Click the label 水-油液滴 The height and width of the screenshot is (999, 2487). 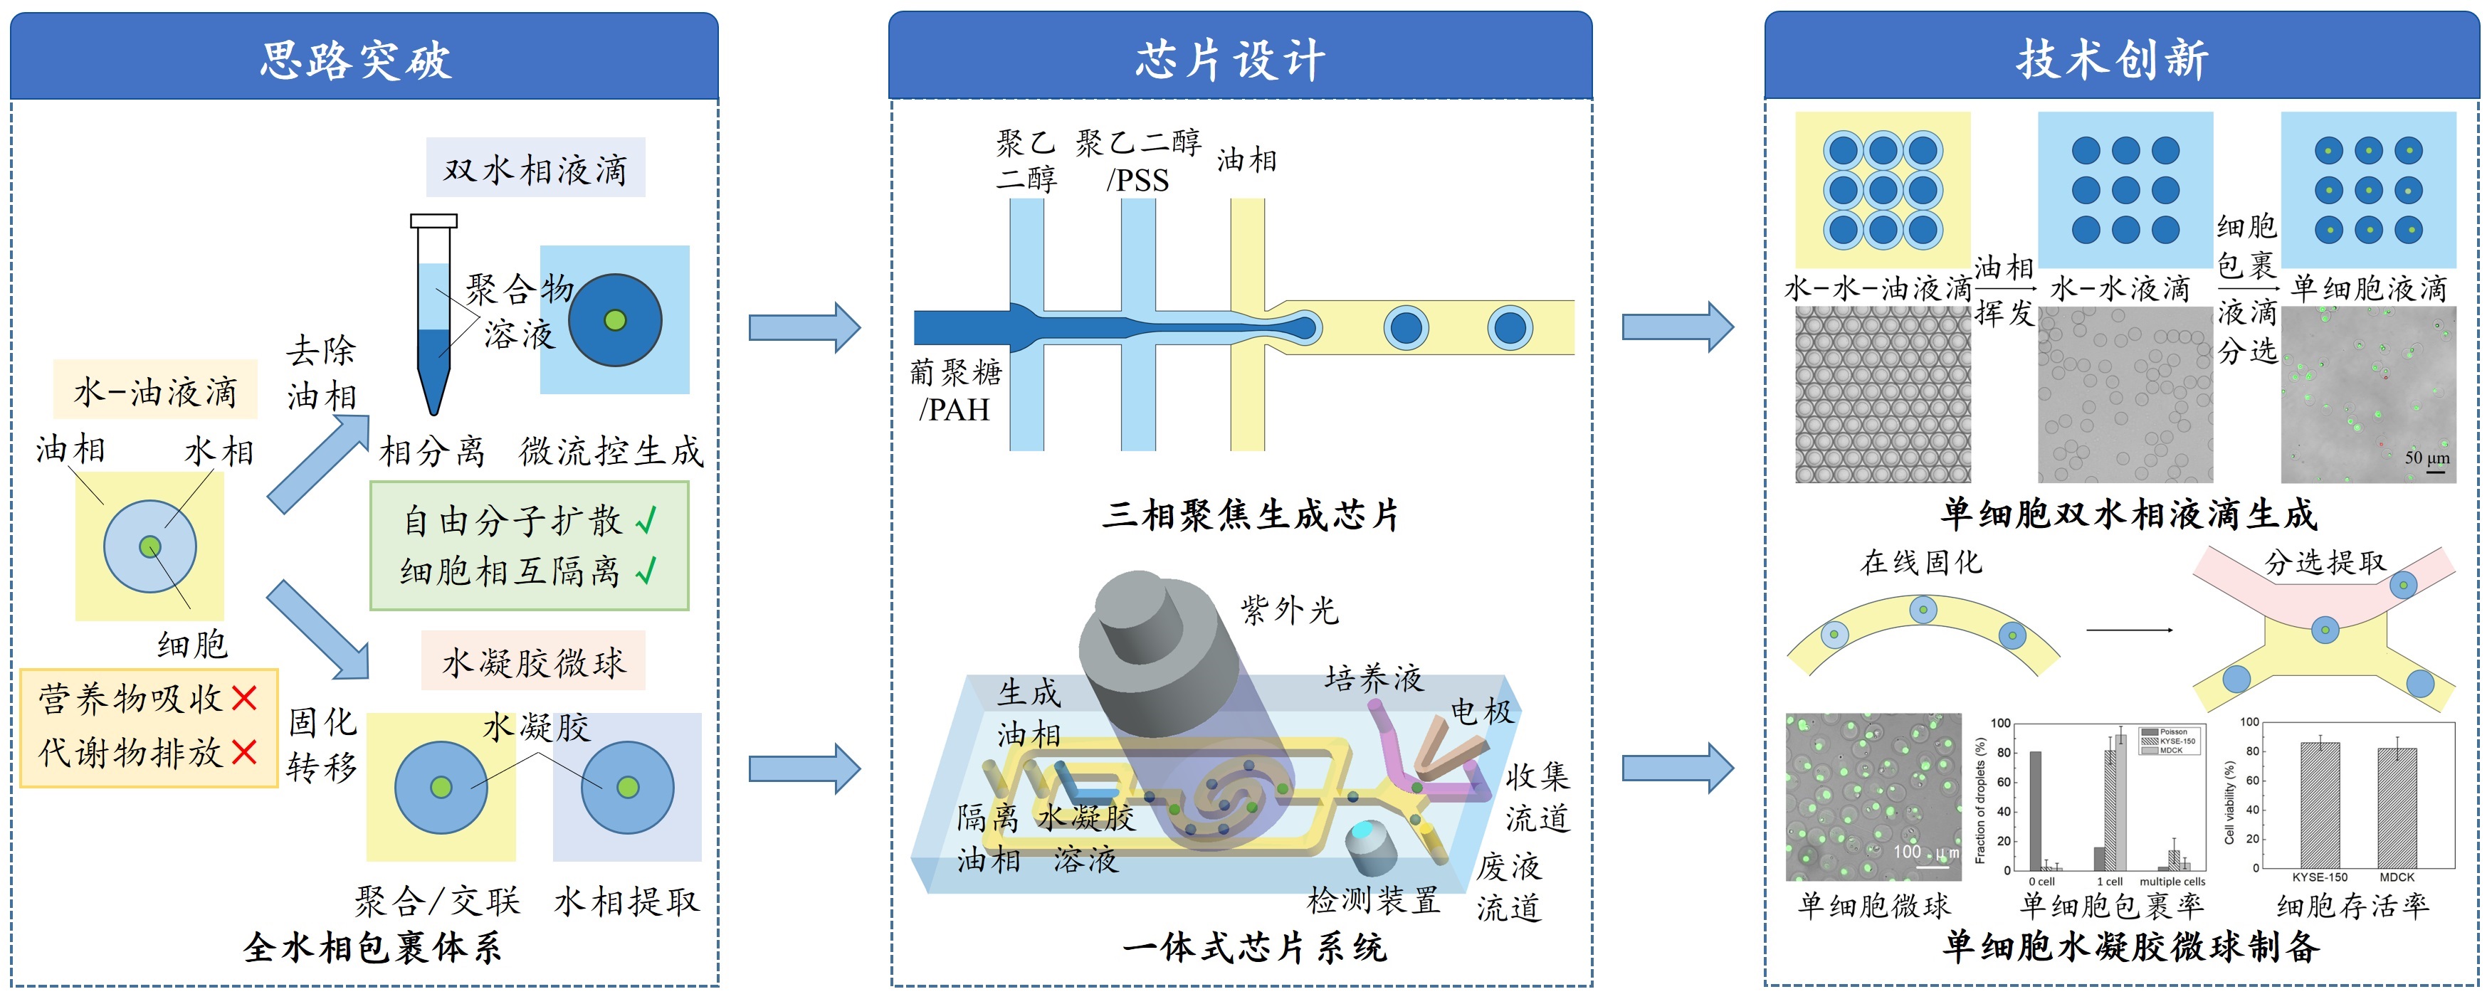click(155, 391)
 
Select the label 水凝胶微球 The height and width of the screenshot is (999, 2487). click(533, 662)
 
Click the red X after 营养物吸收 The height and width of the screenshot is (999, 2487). click(244, 698)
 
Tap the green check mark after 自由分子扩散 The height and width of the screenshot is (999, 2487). click(646, 522)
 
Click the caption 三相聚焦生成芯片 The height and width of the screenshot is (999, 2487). click(1250, 514)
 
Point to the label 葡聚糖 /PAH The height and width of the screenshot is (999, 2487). click(956, 390)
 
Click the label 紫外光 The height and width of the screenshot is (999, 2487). click(1290, 610)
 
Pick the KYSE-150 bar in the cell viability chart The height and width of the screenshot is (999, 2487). click(2320, 806)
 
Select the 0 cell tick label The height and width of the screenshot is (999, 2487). click(2041, 882)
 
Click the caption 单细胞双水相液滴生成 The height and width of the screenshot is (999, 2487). click(2129, 514)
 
